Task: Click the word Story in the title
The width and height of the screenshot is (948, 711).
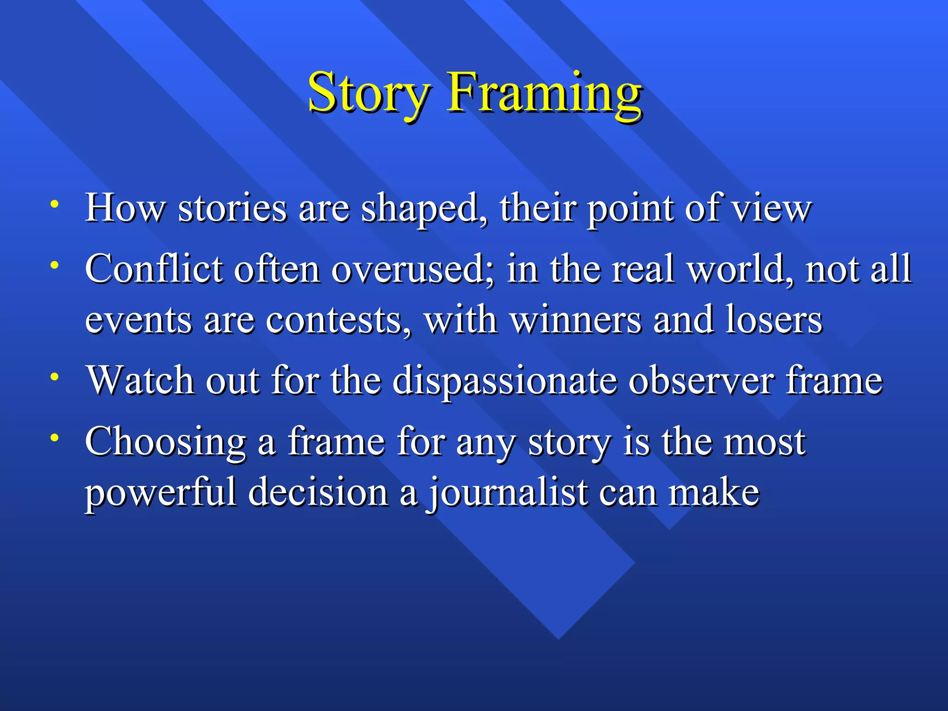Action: [369, 93]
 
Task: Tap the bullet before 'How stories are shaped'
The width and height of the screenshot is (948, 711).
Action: [55, 204]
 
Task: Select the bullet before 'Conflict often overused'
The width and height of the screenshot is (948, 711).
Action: [55, 265]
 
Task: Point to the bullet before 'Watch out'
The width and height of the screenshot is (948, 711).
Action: [55, 376]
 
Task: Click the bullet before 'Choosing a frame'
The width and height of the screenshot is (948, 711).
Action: [55, 437]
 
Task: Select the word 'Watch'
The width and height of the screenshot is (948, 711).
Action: [141, 381]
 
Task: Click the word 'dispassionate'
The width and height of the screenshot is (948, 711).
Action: [505, 381]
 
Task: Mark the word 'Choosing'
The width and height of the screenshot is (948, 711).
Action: [166, 443]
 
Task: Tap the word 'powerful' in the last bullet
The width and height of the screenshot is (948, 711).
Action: [160, 493]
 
